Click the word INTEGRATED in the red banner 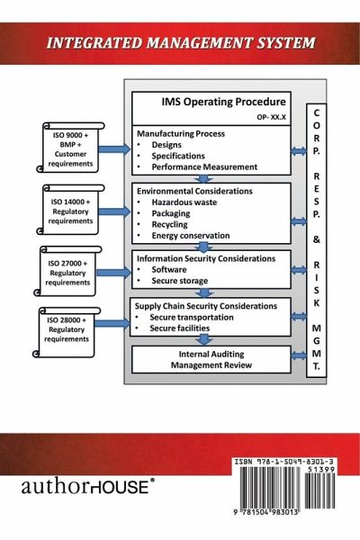94,43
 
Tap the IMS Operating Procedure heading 223,102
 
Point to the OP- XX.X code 271,117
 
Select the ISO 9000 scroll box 70,147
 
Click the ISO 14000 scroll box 70,210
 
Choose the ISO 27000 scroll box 67,271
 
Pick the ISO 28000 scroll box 67,332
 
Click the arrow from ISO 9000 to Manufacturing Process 114,149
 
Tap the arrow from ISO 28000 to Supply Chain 112,323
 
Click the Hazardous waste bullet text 184,202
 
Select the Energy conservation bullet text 191,236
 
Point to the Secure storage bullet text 179,281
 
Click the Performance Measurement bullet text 204,167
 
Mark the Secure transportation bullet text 192,317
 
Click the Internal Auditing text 211,354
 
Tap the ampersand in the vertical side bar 316,239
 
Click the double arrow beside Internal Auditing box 298,355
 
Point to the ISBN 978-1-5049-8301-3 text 283,462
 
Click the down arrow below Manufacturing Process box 204,179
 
